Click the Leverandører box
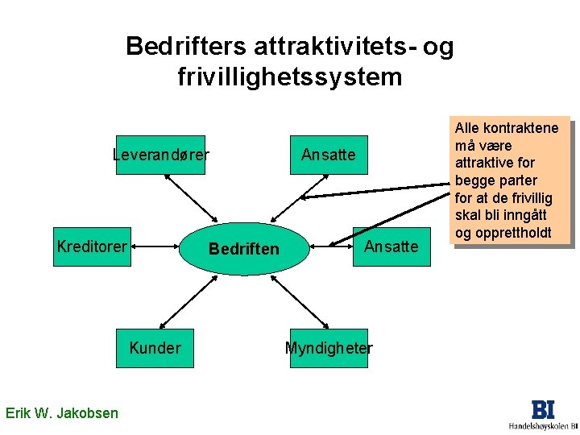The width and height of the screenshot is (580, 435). pos(160,154)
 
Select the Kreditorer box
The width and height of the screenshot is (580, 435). pos(92,246)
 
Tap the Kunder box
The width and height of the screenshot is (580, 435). pos(155,348)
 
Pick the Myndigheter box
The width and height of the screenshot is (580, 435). pos(328,348)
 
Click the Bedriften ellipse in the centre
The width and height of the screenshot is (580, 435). pos(243,249)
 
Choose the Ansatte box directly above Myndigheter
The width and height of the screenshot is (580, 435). pos(328,154)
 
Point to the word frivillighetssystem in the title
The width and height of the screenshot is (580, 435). pos(289,77)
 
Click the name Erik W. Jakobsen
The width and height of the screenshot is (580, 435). pos(61,413)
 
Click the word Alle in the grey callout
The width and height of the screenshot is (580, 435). pos(468,128)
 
